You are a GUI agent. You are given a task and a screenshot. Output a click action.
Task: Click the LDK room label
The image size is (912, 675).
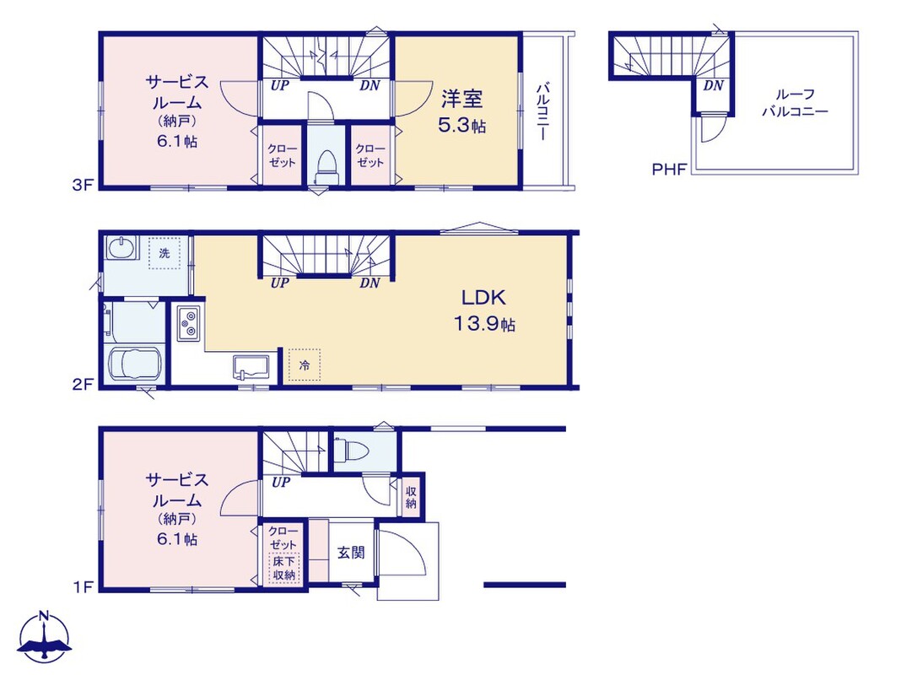[483, 297]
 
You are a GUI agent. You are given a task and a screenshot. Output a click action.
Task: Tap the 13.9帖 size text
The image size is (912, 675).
[484, 323]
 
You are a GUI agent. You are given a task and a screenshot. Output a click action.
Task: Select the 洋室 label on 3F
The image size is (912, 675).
[461, 99]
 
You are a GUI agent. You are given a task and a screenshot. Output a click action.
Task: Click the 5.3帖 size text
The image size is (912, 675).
[461, 126]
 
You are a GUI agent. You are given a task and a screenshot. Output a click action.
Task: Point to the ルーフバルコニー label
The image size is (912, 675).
[795, 102]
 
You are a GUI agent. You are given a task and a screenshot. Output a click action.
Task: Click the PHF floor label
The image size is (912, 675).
[670, 170]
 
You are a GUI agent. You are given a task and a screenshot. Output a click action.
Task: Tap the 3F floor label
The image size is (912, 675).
[83, 185]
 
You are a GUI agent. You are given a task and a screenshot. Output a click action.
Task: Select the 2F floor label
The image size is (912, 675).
[84, 384]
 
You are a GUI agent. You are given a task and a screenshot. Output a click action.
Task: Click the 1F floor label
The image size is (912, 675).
[84, 586]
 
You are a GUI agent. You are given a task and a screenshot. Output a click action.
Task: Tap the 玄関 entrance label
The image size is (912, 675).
[351, 552]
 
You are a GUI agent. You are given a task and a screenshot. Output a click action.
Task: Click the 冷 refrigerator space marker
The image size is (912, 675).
[305, 364]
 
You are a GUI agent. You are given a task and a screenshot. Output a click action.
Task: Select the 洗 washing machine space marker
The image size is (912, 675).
[164, 253]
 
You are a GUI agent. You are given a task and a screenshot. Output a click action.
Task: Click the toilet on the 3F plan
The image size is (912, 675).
[326, 167]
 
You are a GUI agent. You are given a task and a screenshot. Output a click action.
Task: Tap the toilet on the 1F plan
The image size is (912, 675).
[355, 449]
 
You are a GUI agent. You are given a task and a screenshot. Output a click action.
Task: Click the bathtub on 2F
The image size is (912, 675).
[134, 364]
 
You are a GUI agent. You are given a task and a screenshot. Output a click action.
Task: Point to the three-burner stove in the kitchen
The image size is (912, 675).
[189, 323]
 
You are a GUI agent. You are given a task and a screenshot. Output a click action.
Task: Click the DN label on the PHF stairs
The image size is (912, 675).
[713, 85]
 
